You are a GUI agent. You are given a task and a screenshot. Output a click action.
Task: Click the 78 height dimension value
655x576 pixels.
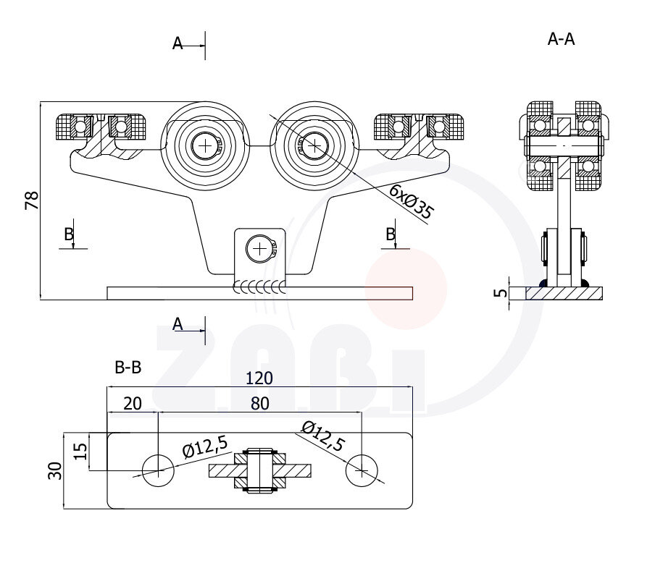point(32,200)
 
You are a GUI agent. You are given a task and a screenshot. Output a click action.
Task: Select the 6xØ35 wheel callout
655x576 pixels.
point(411,202)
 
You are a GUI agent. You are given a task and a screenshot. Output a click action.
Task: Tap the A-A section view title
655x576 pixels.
point(561,39)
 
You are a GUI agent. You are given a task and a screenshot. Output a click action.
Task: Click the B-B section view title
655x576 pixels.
point(128,368)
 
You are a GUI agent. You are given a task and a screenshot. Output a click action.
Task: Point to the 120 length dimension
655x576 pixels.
point(259,378)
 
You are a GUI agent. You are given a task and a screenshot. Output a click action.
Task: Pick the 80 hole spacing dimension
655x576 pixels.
point(259,403)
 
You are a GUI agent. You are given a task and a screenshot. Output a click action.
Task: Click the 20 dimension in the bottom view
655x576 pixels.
point(132,403)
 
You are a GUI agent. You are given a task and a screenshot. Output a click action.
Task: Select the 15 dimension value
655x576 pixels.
point(81,452)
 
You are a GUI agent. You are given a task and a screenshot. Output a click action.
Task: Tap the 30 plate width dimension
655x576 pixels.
point(56,470)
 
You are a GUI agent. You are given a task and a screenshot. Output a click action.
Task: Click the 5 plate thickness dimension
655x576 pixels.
point(499,293)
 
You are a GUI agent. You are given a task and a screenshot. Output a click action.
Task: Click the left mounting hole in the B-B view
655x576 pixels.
point(157,471)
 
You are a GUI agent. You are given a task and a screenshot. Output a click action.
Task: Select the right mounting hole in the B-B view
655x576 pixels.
point(362,471)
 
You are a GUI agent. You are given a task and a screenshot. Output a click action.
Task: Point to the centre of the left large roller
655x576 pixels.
point(206,146)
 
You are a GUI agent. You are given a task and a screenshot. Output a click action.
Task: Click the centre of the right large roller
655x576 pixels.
point(314,146)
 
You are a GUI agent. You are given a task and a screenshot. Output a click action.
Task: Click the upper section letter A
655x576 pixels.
point(178,44)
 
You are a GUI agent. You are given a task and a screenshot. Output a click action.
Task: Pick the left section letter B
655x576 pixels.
point(68,234)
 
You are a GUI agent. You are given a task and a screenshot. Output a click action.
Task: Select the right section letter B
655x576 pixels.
point(391,234)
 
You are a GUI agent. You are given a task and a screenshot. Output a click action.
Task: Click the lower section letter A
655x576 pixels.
point(178,324)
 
